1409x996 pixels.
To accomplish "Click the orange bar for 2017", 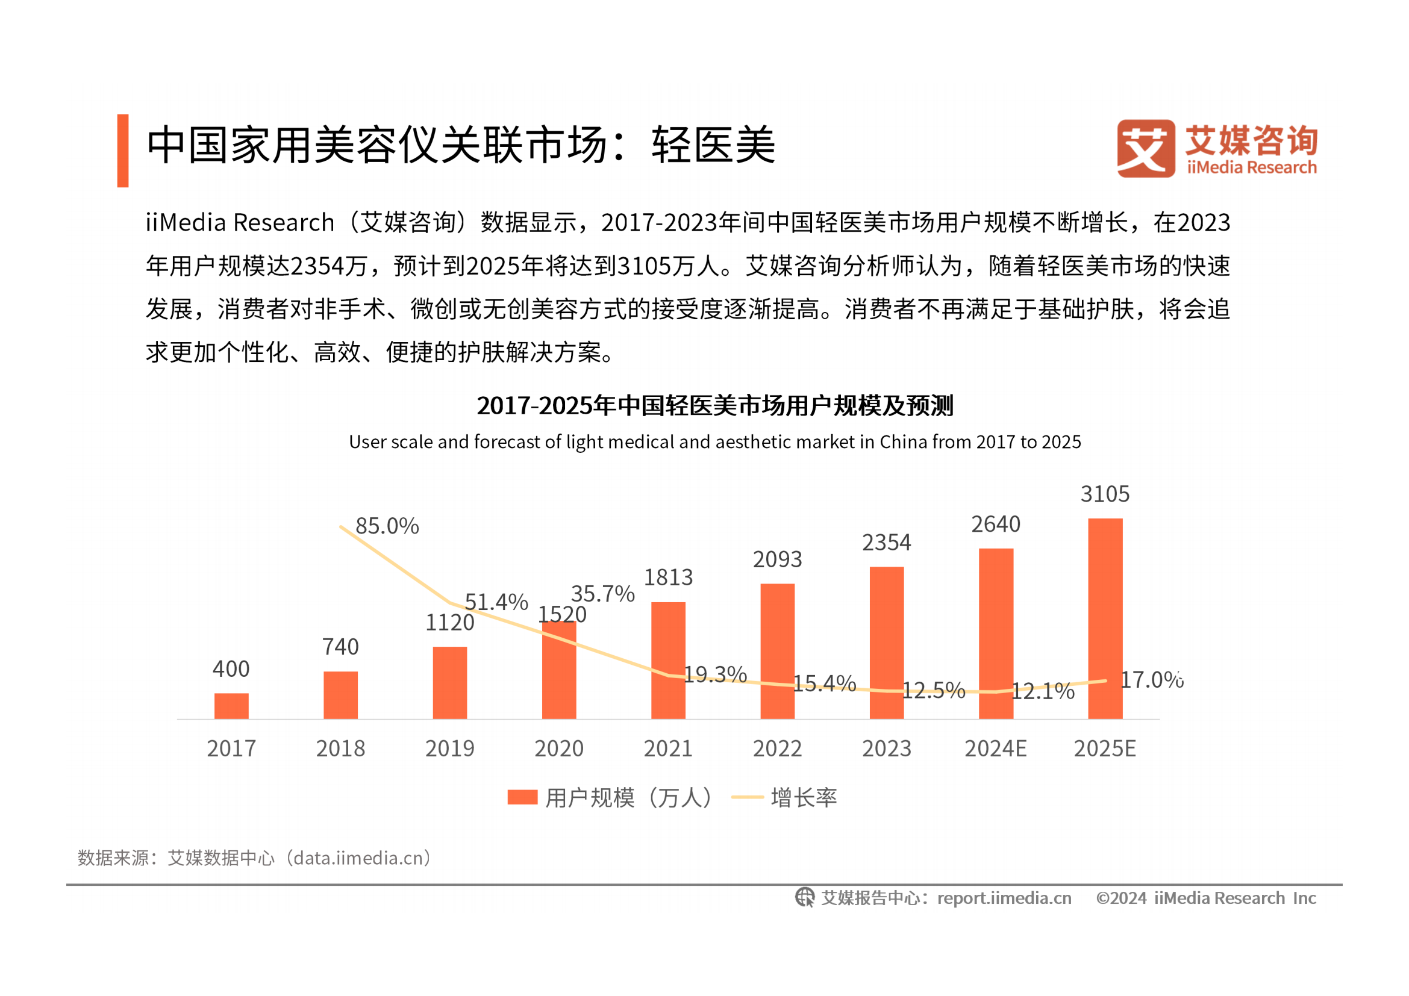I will (231, 706).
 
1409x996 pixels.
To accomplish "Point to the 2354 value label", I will (886, 543).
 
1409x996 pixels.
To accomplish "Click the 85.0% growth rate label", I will (387, 526).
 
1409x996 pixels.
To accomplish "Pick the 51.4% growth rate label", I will (496, 602).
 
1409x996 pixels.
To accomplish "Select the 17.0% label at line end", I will (1151, 680).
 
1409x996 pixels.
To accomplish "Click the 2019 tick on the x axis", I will (450, 749).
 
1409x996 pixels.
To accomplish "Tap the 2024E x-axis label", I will (995, 749).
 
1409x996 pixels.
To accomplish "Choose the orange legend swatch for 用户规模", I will (522, 797).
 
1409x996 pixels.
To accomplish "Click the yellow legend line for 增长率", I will (747, 797).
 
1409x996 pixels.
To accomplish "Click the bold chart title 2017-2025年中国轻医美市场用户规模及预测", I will (715, 406).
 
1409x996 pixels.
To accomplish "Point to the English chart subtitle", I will (715, 442).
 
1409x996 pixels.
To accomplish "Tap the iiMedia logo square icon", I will (1145, 148).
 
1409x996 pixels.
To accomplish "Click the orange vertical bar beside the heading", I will (123, 151).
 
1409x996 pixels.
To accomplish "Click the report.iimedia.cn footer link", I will (1004, 898).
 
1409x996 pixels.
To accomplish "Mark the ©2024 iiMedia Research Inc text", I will (1206, 898).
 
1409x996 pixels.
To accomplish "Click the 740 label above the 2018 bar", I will (340, 647).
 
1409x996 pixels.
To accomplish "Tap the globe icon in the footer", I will (805, 898).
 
